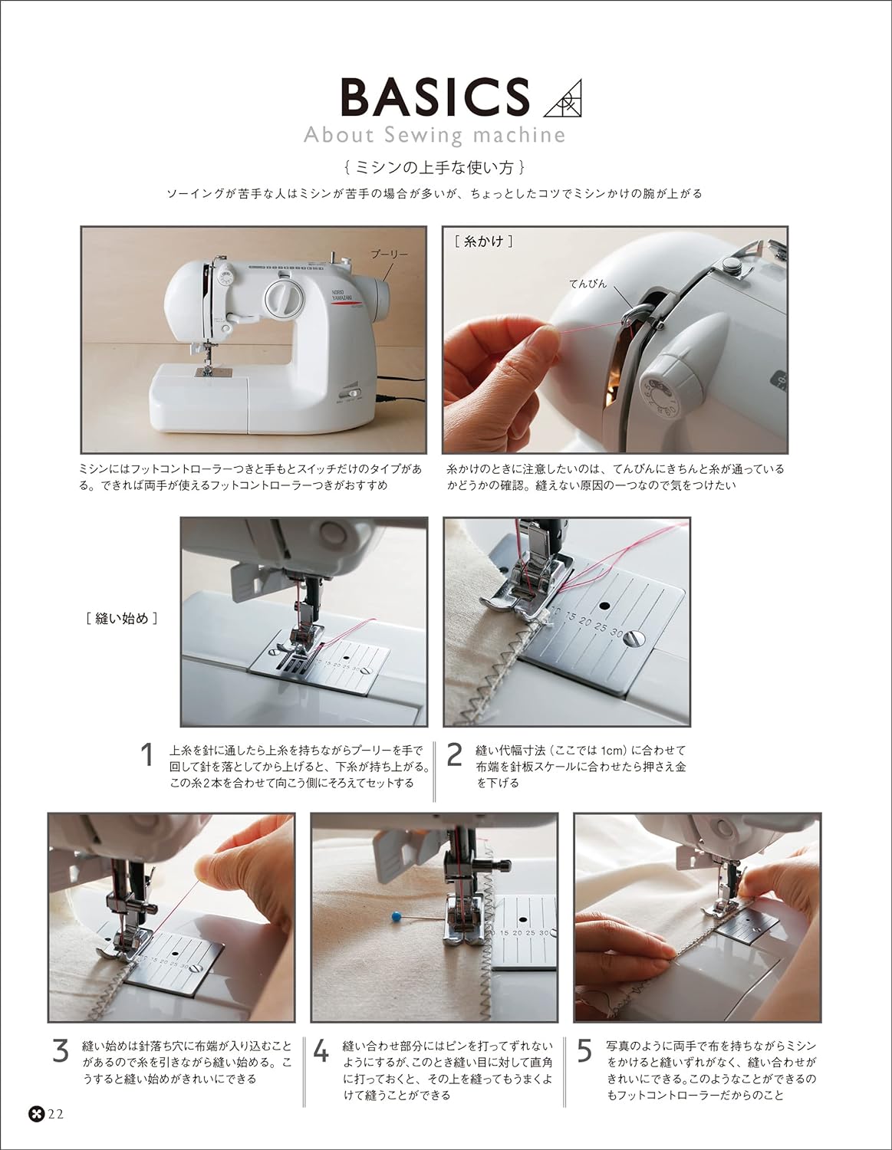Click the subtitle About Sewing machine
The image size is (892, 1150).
(x=434, y=136)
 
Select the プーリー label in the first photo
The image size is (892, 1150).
(x=390, y=254)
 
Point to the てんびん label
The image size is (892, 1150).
(x=588, y=284)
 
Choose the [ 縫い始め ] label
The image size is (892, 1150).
(x=123, y=618)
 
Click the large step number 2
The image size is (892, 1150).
(x=454, y=756)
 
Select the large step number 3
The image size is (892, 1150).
(x=61, y=1050)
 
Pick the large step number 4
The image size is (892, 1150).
(x=322, y=1051)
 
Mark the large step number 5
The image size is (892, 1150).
(x=584, y=1050)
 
